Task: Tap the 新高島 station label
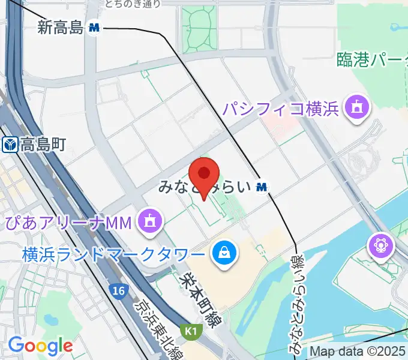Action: (60, 28)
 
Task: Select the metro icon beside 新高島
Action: (94, 28)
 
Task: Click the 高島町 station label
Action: (42, 144)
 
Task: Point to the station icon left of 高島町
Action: (10, 144)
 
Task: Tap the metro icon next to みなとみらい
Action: (261, 187)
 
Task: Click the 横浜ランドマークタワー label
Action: (113, 254)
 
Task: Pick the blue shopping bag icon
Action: (223, 253)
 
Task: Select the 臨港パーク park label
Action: (372, 61)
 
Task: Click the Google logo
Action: (40, 346)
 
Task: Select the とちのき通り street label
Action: (133, 4)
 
